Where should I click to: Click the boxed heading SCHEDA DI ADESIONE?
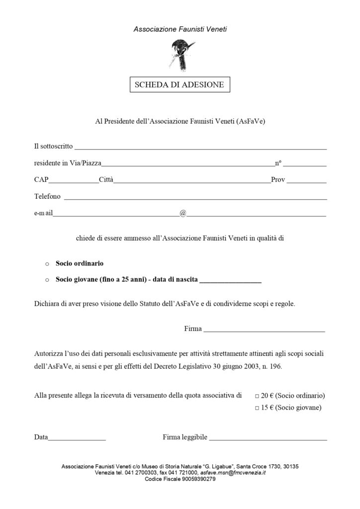click(180, 85)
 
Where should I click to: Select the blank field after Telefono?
click(195, 197)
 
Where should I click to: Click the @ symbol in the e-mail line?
click(182, 213)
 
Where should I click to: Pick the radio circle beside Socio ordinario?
click(47, 263)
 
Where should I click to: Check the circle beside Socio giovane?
click(47, 280)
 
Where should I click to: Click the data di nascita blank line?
click(230, 281)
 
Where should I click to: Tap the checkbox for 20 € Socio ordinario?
click(257, 396)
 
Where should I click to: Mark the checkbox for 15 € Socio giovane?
click(257, 408)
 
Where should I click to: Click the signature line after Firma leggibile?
click(268, 439)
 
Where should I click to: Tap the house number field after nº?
click(305, 164)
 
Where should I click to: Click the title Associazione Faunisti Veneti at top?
click(180, 29)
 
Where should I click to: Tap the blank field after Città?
click(192, 181)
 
